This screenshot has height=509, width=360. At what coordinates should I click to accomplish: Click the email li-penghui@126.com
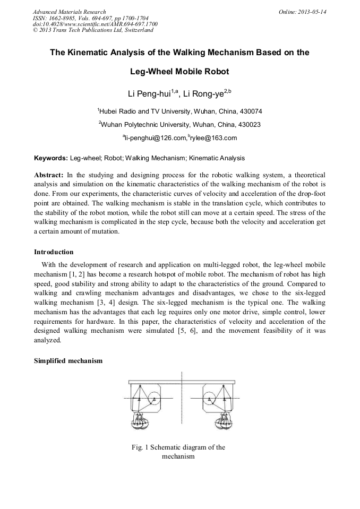pos(156,138)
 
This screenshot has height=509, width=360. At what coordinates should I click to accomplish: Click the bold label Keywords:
pos(51,158)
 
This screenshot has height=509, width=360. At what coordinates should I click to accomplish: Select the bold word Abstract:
pos(49,175)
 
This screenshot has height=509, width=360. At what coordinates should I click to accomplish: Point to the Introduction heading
pos(54,252)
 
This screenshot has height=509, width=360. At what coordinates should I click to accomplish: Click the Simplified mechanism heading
pos(68,361)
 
